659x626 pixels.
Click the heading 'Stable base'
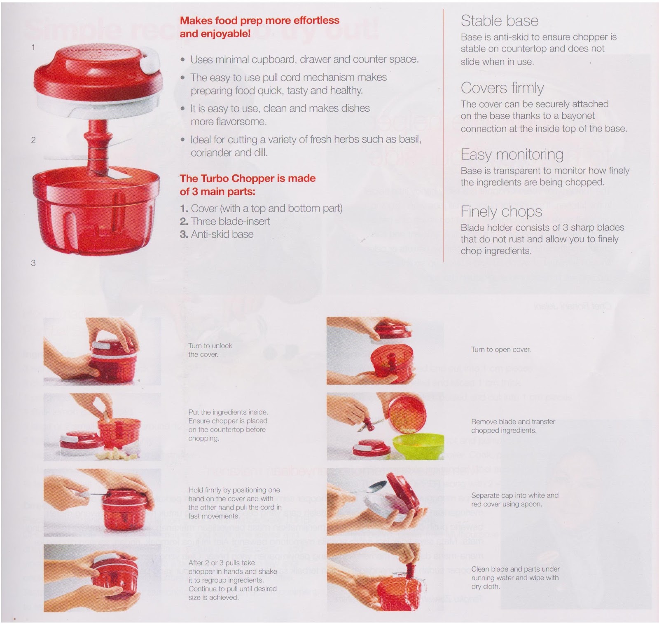pos(499,21)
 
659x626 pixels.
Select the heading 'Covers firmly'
pos(502,88)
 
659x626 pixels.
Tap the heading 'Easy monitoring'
pos(512,155)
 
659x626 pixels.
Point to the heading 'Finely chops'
pos(501,211)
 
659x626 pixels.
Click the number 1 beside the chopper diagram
pos(33,47)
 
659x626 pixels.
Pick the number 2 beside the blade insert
pos(33,140)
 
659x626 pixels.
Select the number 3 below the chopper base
pos(33,263)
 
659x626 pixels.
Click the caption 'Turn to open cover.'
pos(501,349)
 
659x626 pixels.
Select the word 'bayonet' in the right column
pos(577,116)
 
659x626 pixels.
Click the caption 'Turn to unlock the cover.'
pos(210,350)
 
